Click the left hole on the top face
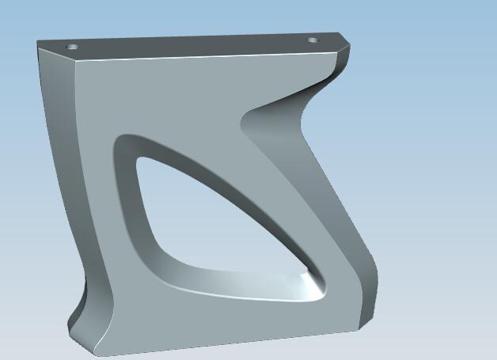click(x=73, y=47)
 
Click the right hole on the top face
click(x=313, y=40)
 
